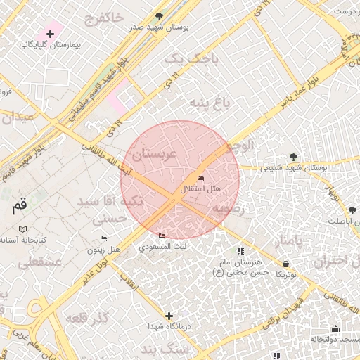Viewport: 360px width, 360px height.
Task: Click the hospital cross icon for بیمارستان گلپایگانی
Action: point(50,34)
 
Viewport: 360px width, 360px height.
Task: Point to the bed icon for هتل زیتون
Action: point(103,239)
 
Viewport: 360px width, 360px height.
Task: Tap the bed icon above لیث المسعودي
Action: point(162,236)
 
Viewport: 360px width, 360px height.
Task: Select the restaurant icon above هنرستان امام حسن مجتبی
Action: point(240,251)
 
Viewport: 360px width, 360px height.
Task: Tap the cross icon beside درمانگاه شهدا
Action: point(168,316)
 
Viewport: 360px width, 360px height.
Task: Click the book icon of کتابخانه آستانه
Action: point(23,230)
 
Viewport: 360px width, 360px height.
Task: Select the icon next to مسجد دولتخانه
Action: point(335,328)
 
